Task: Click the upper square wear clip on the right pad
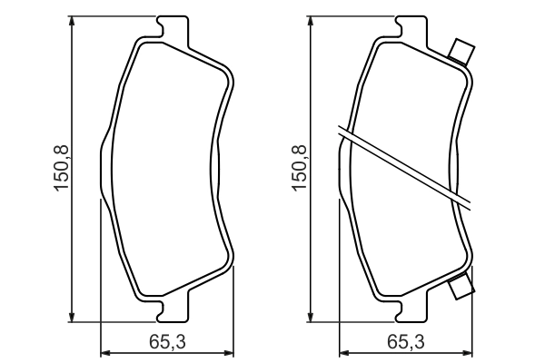[461, 51]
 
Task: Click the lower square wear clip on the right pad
[461, 288]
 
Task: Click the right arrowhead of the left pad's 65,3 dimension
[229, 351]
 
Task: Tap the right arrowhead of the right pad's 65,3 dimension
[470, 351]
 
